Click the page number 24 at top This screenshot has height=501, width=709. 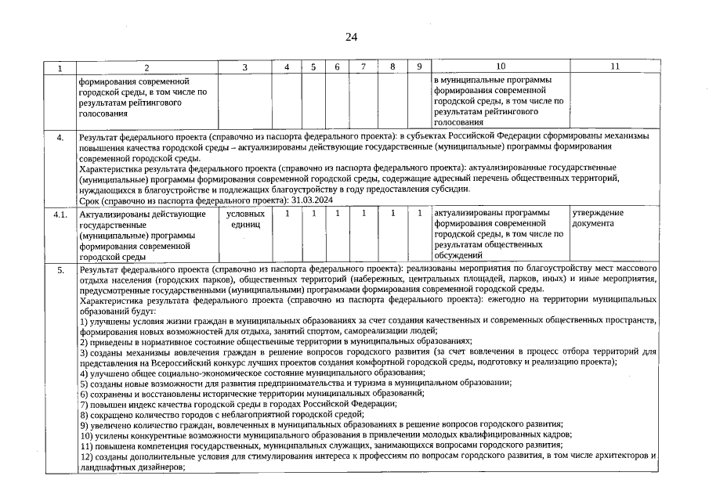point(350,37)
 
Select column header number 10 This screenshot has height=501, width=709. point(501,68)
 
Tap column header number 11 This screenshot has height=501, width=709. point(614,68)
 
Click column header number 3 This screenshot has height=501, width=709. point(245,68)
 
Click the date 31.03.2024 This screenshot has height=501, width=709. point(288,200)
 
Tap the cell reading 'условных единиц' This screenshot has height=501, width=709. point(245,218)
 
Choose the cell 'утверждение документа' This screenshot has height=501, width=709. point(599,218)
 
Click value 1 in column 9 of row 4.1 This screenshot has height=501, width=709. point(420,213)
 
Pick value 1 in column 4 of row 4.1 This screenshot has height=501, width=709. point(288,213)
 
